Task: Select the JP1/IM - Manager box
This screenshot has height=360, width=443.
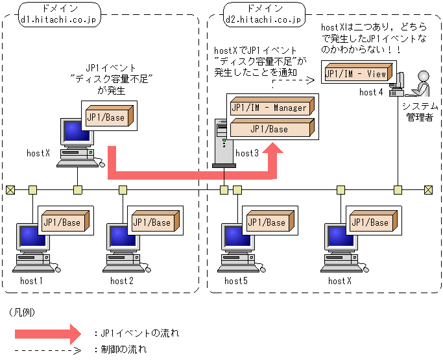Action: (271, 107)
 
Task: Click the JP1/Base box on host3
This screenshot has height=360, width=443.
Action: (271, 128)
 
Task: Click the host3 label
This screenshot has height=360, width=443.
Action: (247, 153)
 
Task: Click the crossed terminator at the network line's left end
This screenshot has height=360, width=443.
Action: (10, 190)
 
